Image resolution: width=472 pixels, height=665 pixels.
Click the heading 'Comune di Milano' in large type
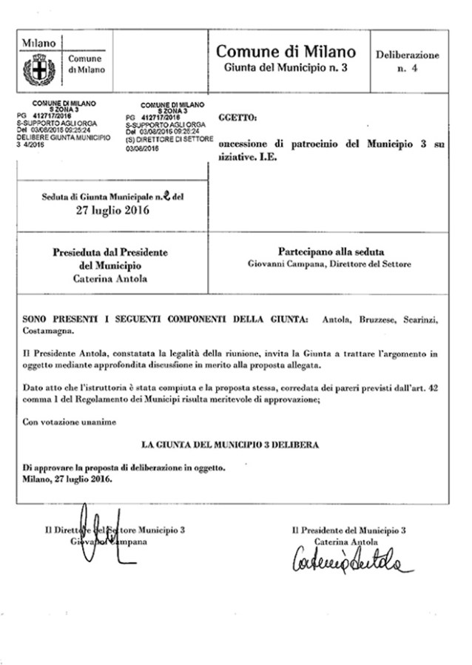coord(286,52)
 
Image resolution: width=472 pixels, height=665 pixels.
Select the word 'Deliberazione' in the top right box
coord(407,55)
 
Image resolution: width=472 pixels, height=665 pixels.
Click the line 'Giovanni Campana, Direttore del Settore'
coord(328,263)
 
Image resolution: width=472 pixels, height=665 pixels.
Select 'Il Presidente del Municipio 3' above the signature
coord(348,530)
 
